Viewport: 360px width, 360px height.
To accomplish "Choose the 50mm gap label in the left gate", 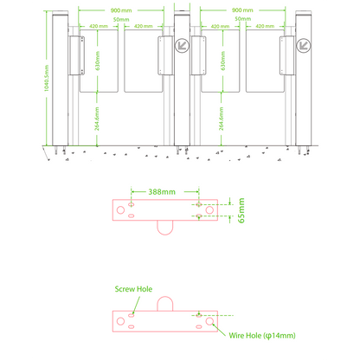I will [120, 18].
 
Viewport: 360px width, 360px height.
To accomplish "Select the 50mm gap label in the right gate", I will [243, 18].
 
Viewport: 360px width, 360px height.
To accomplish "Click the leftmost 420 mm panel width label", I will [98, 27].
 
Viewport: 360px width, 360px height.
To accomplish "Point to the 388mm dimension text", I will [163, 191].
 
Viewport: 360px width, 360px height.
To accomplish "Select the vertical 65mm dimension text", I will [241, 210].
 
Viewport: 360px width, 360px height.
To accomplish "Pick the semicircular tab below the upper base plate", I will [163, 228].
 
